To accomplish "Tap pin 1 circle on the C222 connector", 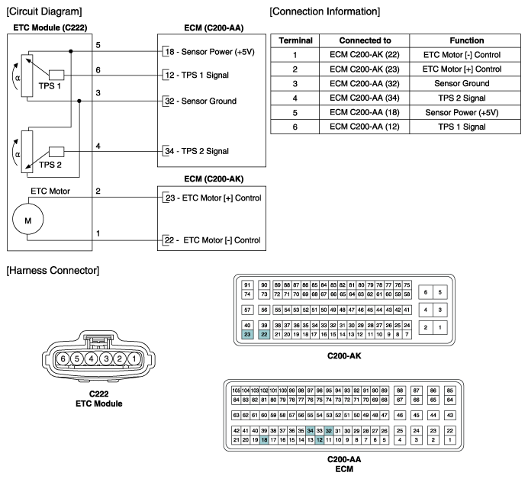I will [x=134, y=358].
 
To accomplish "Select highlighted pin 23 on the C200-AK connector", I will [x=247, y=334].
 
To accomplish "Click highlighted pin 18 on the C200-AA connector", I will [x=265, y=439].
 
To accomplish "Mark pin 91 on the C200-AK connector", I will [x=247, y=285].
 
